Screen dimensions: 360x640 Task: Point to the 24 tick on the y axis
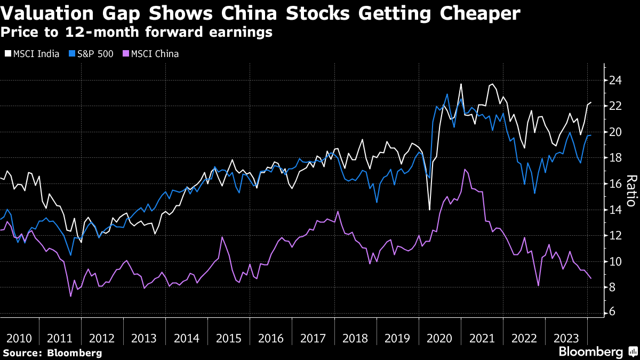point(617,80)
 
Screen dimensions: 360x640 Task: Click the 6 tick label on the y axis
point(613,313)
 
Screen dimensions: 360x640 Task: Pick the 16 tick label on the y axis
point(617,183)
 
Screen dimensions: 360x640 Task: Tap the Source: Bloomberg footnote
point(52,353)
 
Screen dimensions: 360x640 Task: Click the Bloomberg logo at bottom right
point(590,352)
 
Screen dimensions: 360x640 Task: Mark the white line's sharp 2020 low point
point(430,210)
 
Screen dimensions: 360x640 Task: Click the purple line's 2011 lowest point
point(70,296)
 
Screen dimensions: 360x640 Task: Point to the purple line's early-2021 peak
point(465,169)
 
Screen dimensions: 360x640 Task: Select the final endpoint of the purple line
point(590,278)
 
